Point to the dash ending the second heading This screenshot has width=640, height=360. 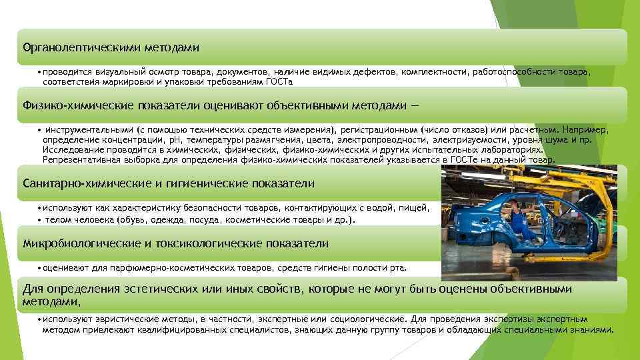coord(421,105)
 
